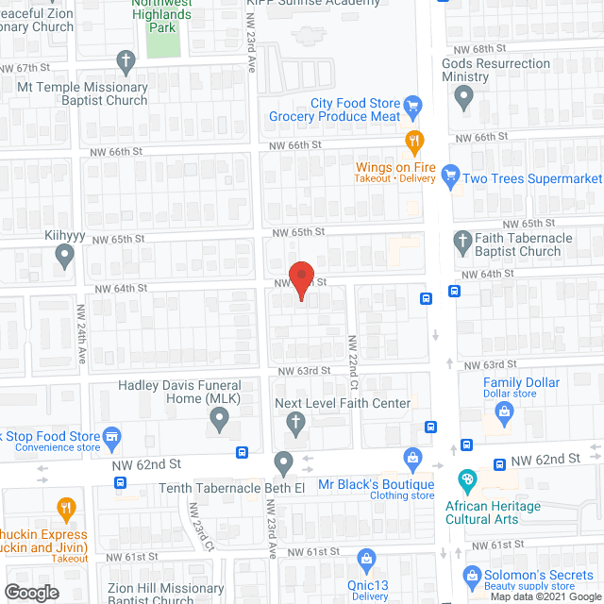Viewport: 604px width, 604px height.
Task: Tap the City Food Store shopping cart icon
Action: click(x=412, y=104)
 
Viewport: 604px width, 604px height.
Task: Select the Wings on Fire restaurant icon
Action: click(x=413, y=143)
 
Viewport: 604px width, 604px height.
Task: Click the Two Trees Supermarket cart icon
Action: click(x=450, y=175)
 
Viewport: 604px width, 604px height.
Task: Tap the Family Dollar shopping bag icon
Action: click(x=504, y=411)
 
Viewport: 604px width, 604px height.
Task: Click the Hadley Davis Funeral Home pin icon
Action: click(x=220, y=420)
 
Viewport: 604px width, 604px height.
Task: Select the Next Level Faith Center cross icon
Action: click(x=294, y=423)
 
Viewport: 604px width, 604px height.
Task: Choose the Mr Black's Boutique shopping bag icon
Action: click(x=412, y=459)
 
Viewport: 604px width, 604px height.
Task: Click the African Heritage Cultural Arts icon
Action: click(x=466, y=481)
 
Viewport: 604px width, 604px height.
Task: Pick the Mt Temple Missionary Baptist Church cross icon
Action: click(x=125, y=62)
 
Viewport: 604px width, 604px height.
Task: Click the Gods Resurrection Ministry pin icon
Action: click(x=463, y=95)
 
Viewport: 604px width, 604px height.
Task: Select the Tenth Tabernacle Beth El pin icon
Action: click(x=283, y=462)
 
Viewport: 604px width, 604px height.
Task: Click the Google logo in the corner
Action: click(x=30, y=592)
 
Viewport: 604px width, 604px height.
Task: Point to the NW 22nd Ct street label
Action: click(x=353, y=364)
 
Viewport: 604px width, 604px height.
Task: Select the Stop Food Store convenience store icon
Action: click(x=112, y=436)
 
